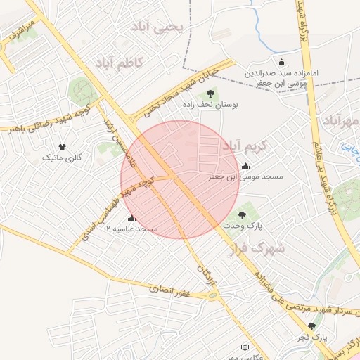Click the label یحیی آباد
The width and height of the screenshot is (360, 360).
pyautogui.click(x=158, y=27)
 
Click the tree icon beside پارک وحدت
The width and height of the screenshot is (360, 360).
pyautogui.click(x=243, y=215)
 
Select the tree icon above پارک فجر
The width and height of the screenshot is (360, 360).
pyautogui.click(x=311, y=326)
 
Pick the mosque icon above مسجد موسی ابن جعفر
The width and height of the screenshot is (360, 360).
pyautogui.click(x=245, y=167)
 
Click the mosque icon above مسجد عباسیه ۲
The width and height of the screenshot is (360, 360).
pyautogui.click(x=131, y=218)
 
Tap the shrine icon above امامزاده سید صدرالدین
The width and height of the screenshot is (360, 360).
pyautogui.click(x=282, y=62)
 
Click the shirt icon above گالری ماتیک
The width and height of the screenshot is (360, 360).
pyautogui.click(x=62, y=147)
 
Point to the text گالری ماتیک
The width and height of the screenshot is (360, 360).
pyautogui.click(x=62, y=158)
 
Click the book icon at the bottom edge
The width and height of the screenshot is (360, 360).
pyautogui.click(x=245, y=348)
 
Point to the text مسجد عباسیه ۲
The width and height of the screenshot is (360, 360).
pyautogui.click(x=131, y=229)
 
